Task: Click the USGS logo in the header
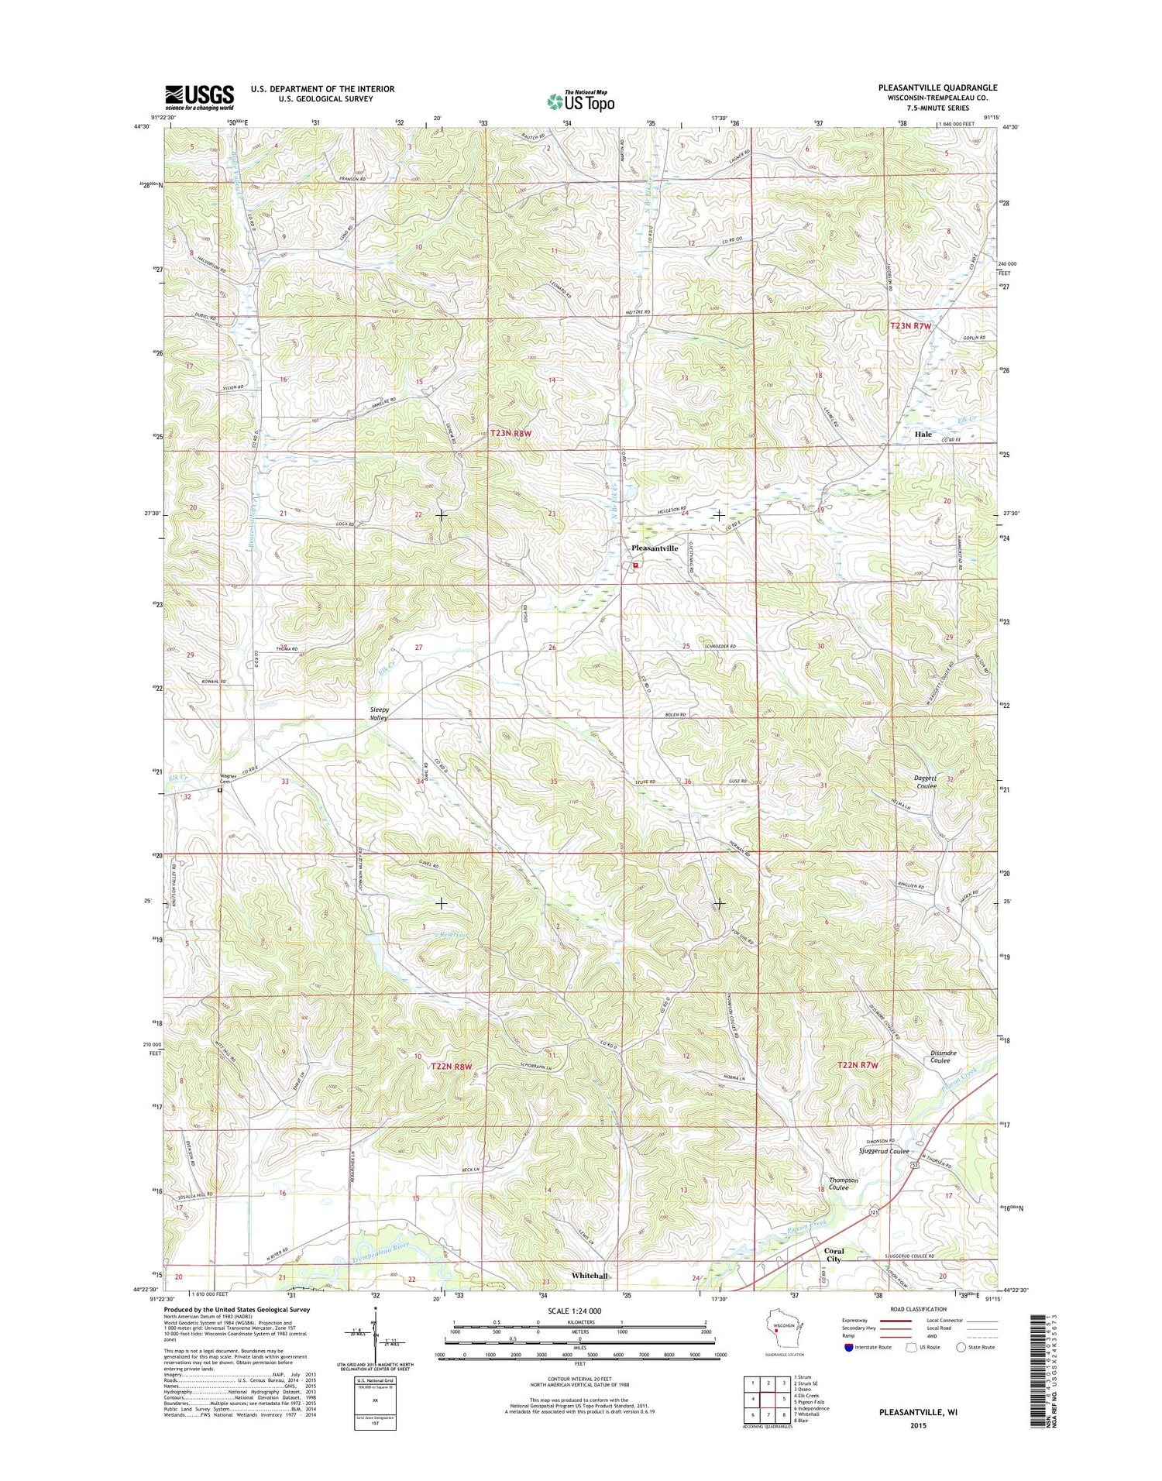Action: (x=199, y=95)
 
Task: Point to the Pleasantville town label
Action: (x=655, y=548)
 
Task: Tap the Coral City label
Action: (x=834, y=1256)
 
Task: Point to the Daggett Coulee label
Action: (x=922, y=782)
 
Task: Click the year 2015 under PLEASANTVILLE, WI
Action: (x=918, y=1425)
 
